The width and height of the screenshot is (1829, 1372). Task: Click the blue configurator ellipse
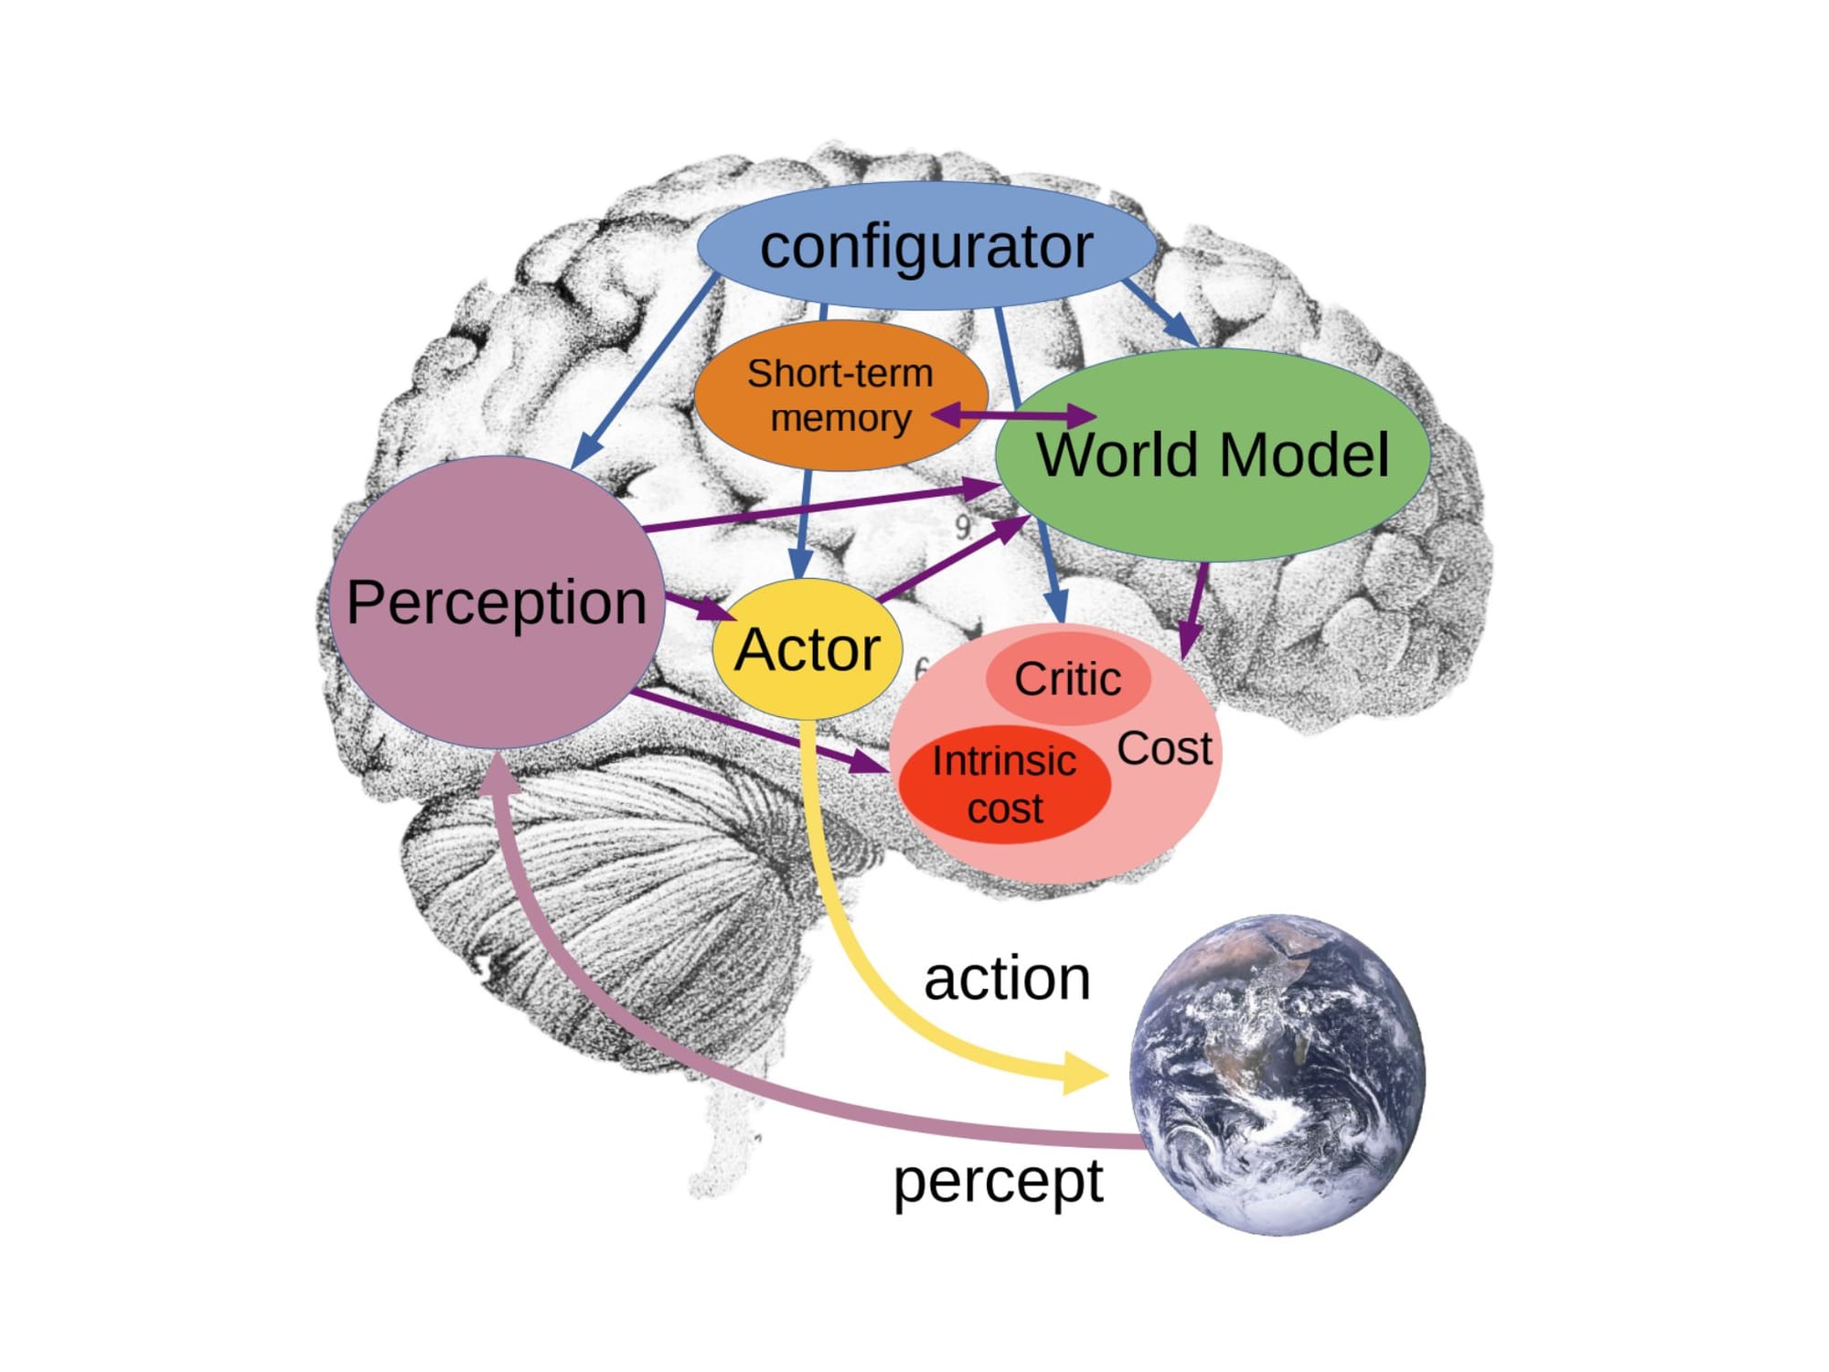(925, 245)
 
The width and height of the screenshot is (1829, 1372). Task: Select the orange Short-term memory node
(840, 395)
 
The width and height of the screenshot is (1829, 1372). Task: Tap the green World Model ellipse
(1213, 455)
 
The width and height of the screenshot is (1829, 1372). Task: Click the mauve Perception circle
(497, 602)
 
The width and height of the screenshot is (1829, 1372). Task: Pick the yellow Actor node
(807, 649)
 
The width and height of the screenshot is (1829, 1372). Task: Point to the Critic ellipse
(1067, 679)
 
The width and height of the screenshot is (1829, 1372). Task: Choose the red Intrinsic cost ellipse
(1004, 785)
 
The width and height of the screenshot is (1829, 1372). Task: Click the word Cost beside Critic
(1163, 748)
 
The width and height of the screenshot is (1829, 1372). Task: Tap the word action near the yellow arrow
(1007, 979)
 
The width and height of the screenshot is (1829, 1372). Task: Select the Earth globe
(1278, 1075)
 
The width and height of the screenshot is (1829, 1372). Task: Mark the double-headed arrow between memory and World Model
(1013, 415)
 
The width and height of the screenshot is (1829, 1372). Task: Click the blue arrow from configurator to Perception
(645, 370)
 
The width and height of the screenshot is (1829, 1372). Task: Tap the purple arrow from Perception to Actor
(700, 606)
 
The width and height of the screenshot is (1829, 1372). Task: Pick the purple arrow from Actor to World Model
(951, 560)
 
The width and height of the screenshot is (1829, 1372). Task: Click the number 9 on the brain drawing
(963, 528)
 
